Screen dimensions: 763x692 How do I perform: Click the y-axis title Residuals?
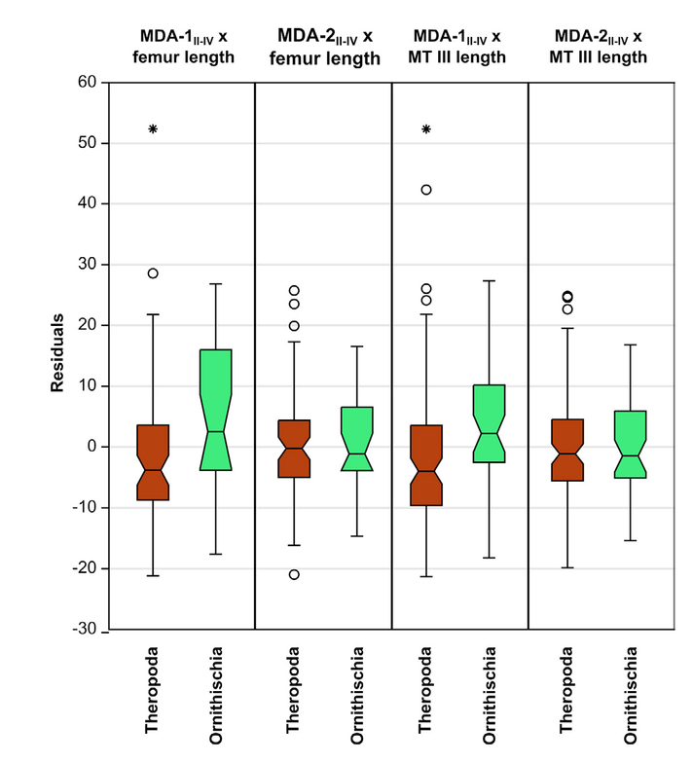pos(57,353)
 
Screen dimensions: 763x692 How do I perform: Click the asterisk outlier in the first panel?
pos(153,128)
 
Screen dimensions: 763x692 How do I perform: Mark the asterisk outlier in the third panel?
pos(425,128)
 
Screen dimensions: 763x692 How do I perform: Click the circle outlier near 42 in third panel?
pos(425,190)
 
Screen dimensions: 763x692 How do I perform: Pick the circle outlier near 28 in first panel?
pos(153,273)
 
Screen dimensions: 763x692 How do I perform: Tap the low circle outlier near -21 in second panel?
pos(294,574)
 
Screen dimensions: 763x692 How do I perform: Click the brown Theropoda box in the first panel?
pos(153,462)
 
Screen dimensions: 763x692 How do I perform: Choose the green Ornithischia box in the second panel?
pos(357,438)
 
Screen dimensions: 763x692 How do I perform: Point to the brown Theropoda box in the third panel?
pos(425,465)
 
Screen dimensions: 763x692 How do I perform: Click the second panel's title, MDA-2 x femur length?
pos(322,48)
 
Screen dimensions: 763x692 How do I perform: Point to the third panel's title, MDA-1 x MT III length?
pos(456,48)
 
